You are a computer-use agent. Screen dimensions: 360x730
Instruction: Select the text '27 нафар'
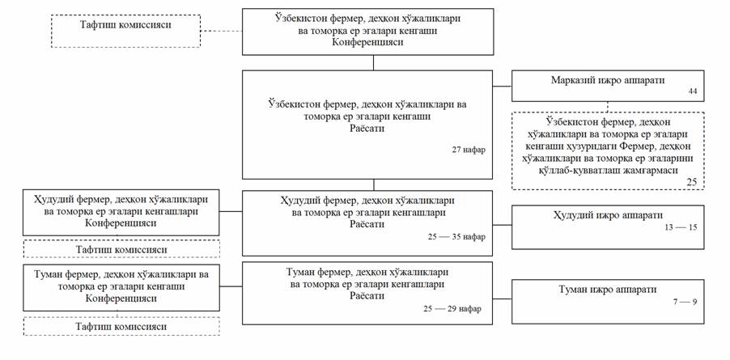point(470,150)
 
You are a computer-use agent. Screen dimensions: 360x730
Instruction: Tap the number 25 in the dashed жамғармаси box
point(692,183)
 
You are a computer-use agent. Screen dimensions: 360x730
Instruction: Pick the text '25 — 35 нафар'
point(454,236)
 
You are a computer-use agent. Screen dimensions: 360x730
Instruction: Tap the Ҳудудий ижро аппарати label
point(608,216)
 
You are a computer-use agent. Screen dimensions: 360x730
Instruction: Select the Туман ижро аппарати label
point(607,289)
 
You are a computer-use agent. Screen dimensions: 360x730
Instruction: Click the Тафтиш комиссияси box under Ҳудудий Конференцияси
point(121,249)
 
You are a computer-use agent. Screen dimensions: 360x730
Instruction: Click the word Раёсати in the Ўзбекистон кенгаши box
point(367,128)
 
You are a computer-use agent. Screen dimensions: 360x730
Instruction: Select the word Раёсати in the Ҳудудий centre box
point(367,223)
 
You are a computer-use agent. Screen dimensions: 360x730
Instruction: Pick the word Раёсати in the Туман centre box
point(367,296)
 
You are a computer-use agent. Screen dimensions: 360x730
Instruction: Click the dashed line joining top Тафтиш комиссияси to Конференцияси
point(223,31)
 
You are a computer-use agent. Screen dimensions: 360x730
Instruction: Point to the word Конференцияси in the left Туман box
point(121,298)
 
